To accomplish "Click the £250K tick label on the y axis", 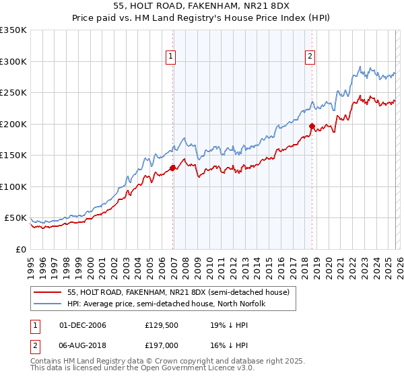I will (x=13, y=93).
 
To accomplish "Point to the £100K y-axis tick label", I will (x=13, y=186).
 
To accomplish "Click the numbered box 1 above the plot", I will (x=172, y=57).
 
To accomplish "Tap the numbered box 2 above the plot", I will (x=310, y=57).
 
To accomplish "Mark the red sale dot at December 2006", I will (x=172, y=168).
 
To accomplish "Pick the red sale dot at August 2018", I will (x=312, y=126).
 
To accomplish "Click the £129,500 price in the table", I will (x=160, y=325).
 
